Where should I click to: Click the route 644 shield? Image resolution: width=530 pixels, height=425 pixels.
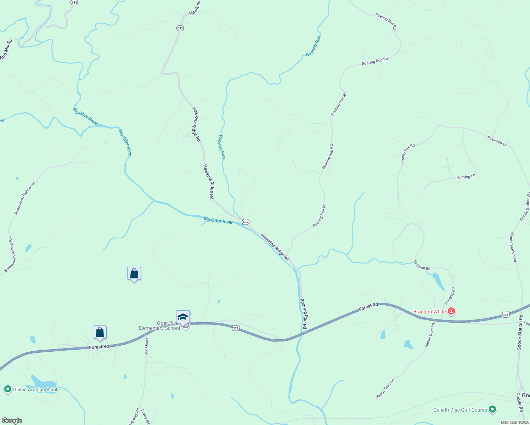pos(74,2)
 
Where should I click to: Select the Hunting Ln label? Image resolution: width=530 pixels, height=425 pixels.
pos(466,177)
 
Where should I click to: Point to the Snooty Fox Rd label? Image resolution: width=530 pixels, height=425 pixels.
pos(407,154)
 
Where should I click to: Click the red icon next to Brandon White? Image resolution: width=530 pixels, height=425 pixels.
pos(451,312)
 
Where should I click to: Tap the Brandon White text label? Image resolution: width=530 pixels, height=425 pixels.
pos(429,312)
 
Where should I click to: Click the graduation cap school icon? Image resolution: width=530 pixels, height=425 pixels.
pos(183,317)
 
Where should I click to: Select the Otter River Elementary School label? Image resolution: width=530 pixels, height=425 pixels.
pos(159,325)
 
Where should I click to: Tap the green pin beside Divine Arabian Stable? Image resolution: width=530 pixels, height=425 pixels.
pos(7,389)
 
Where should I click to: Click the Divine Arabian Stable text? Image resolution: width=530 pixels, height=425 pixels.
pos(36,390)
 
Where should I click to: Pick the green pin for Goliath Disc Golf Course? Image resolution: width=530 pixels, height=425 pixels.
pos(492,409)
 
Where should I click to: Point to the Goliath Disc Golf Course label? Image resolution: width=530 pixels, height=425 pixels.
pos(460,410)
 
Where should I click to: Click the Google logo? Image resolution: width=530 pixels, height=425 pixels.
pos(12,421)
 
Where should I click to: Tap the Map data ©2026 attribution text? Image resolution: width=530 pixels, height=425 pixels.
pos(514,422)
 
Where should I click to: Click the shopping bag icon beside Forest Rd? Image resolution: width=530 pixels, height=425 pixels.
pos(100,333)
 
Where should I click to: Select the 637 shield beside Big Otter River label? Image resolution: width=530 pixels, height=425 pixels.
pos(246,222)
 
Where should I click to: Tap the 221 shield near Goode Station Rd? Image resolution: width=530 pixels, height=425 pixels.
pos(506,314)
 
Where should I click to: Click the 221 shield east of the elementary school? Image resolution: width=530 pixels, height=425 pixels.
pos(236,328)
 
